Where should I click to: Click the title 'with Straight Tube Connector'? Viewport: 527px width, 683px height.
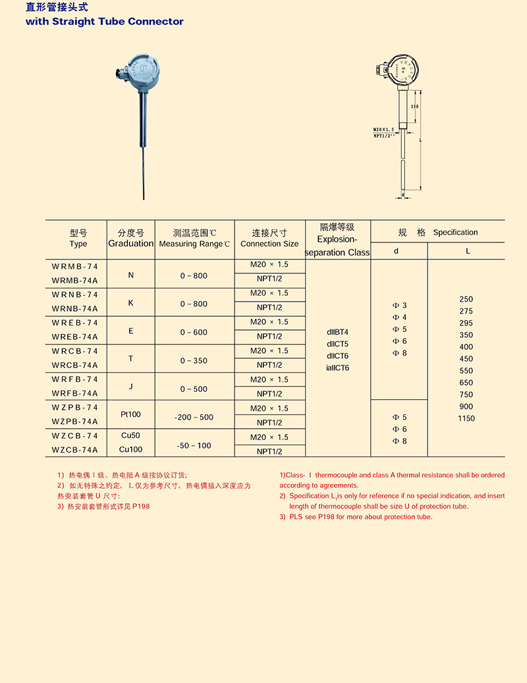(x=104, y=22)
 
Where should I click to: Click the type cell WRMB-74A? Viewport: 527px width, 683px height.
(x=74, y=279)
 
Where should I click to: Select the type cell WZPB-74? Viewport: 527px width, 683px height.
(x=74, y=408)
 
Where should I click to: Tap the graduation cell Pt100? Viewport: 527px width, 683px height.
(x=131, y=415)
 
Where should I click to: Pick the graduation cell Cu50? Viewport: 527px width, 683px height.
(x=131, y=436)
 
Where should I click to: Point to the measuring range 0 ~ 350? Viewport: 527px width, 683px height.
(x=194, y=361)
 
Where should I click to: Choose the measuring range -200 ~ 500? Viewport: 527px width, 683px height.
(x=194, y=418)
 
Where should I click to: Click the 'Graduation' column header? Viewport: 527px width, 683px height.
(x=131, y=244)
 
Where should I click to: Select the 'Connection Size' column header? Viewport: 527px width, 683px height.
(x=269, y=244)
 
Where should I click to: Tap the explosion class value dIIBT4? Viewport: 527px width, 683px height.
(x=337, y=332)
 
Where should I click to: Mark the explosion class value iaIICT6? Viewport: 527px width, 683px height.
(x=338, y=368)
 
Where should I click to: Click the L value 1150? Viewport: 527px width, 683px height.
(x=466, y=418)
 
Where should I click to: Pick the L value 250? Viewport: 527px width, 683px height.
(x=466, y=299)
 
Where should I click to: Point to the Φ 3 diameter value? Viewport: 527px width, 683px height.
(x=400, y=306)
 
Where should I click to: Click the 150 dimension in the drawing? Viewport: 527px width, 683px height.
(x=414, y=106)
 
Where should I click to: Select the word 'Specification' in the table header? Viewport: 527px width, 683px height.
(x=455, y=232)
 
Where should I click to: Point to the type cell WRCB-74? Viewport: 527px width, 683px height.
(x=74, y=351)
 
